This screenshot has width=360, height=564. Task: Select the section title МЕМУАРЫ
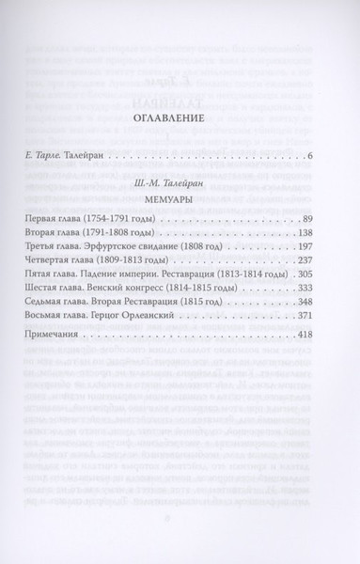pyautogui.click(x=180, y=226)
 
